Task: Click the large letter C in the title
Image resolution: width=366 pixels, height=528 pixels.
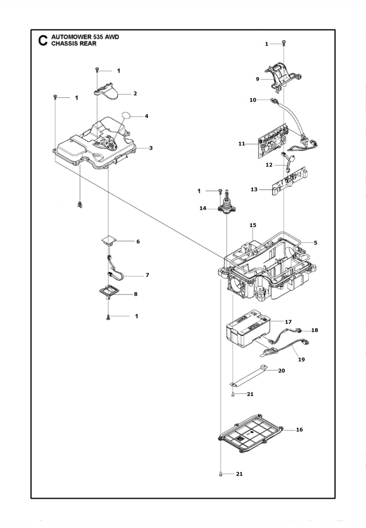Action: tap(43, 40)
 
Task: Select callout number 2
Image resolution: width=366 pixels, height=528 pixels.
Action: tap(135, 94)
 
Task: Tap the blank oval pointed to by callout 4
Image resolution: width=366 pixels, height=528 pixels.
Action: tap(127, 116)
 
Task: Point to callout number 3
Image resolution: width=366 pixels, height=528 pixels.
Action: tap(151, 148)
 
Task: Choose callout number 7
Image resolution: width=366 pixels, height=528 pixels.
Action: tap(147, 275)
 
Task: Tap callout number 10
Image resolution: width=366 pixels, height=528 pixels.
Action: tap(253, 100)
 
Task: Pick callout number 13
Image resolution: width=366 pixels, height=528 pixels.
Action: tap(254, 190)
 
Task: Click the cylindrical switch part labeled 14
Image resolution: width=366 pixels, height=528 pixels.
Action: tap(227, 203)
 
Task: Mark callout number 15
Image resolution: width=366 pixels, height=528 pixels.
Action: tap(253, 225)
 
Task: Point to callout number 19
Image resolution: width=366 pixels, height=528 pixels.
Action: tap(302, 359)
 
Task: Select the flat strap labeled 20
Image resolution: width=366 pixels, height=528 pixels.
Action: tap(248, 375)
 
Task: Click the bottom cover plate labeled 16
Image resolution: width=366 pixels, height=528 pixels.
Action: tap(251, 435)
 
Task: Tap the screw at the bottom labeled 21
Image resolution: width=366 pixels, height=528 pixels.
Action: tap(221, 474)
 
